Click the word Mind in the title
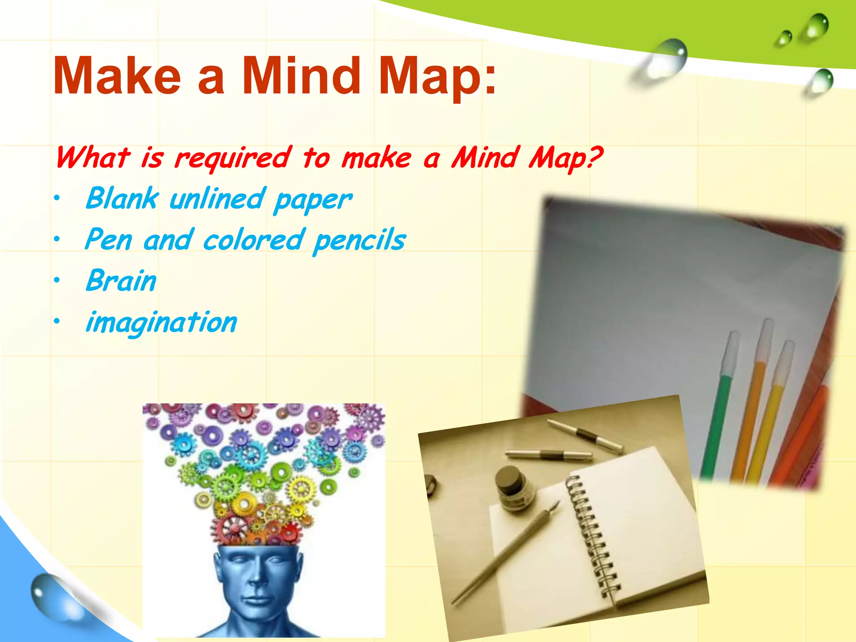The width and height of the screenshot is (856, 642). click(301, 76)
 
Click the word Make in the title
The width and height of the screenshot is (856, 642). click(117, 76)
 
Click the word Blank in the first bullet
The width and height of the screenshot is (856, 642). click(122, 199)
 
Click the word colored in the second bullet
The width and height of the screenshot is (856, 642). click(253, 240)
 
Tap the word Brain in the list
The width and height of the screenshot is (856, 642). click(121, 281)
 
